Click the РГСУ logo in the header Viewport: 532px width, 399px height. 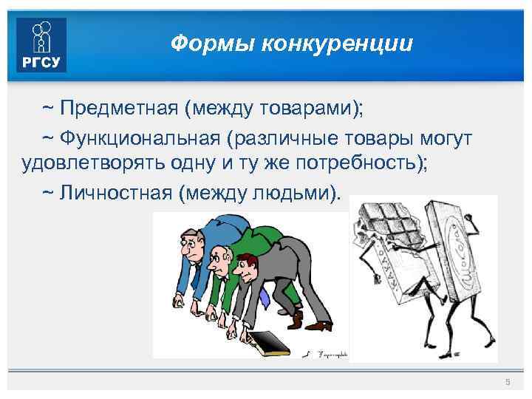(42, 45)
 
